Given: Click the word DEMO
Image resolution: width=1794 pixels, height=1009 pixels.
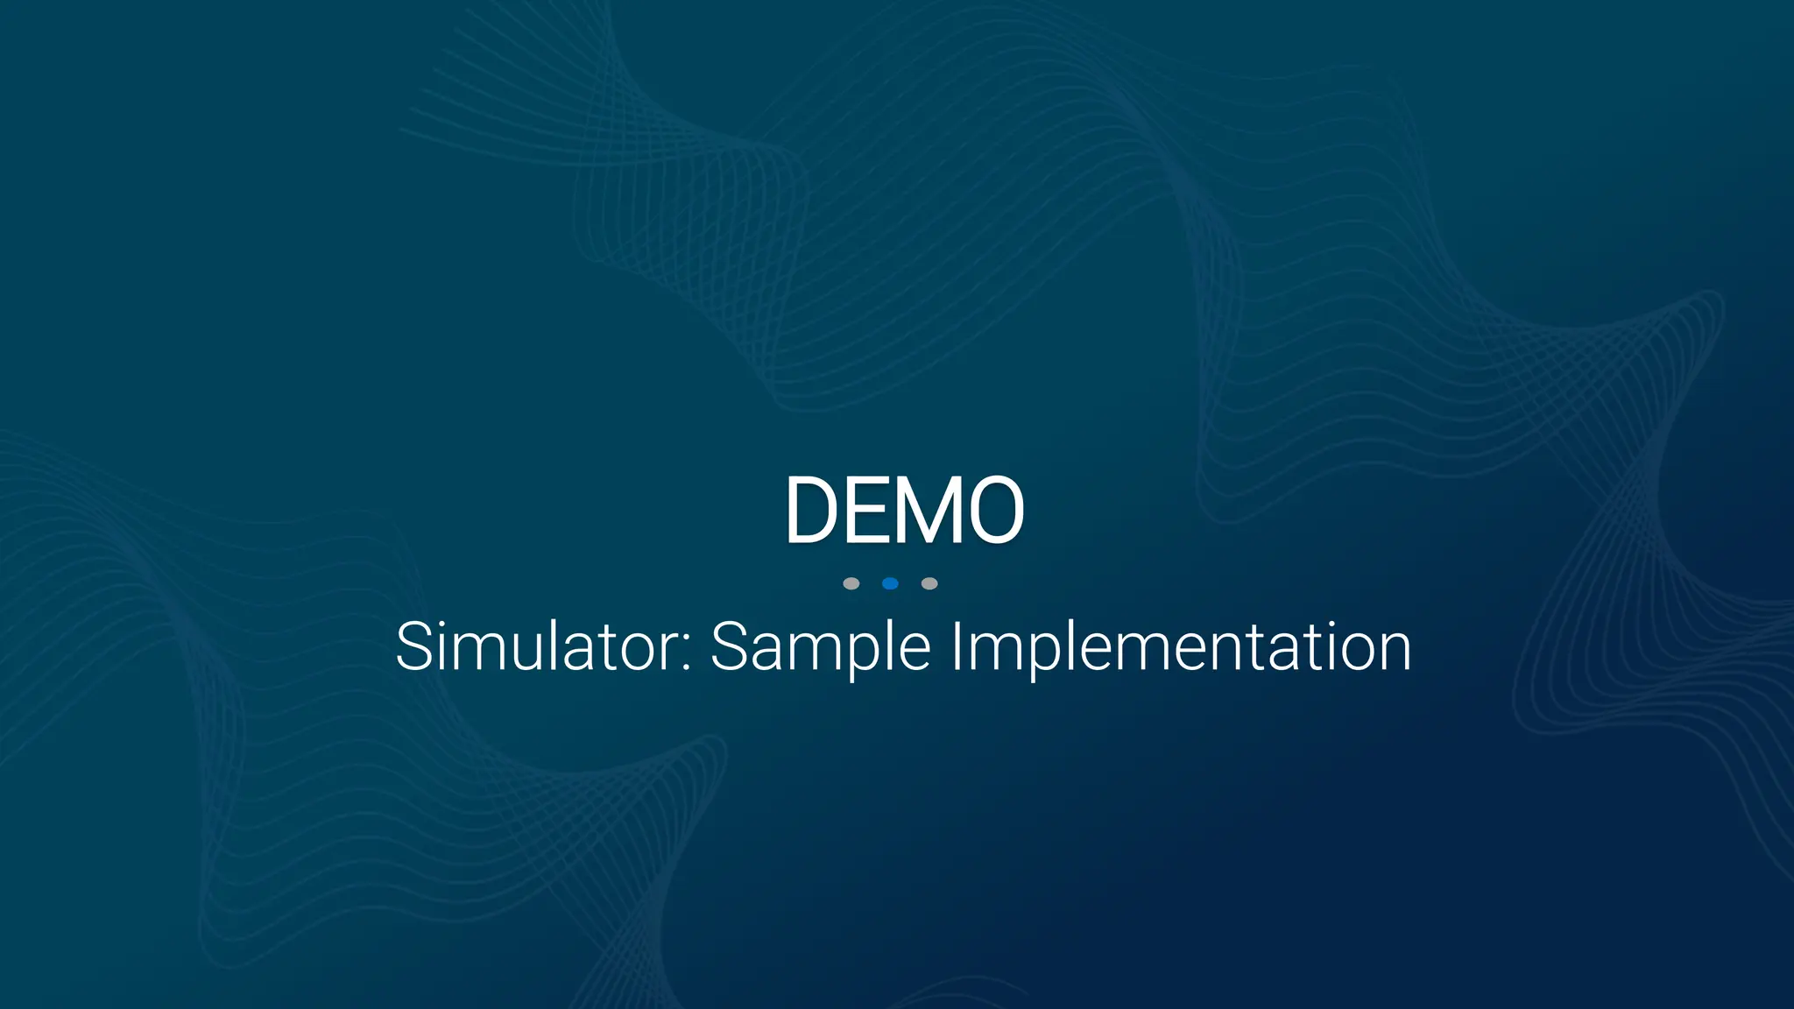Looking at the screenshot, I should (x=904, y=510).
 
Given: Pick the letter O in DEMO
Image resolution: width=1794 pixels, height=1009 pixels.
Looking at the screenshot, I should (x=995, y=510).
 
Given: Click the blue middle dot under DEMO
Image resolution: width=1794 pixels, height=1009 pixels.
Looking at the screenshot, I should (x=890, y=583).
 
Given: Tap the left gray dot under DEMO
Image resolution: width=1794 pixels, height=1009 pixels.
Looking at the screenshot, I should (x=851, y=583).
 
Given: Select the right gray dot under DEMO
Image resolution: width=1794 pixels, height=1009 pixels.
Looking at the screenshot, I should (x=929, y=583).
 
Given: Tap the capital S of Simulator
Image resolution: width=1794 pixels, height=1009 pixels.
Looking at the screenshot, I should (x=414, y=646).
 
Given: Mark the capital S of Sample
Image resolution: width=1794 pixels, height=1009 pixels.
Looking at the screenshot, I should (x=730, y=646).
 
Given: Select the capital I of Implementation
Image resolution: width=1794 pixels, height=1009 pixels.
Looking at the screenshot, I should (x=957, y=646).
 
